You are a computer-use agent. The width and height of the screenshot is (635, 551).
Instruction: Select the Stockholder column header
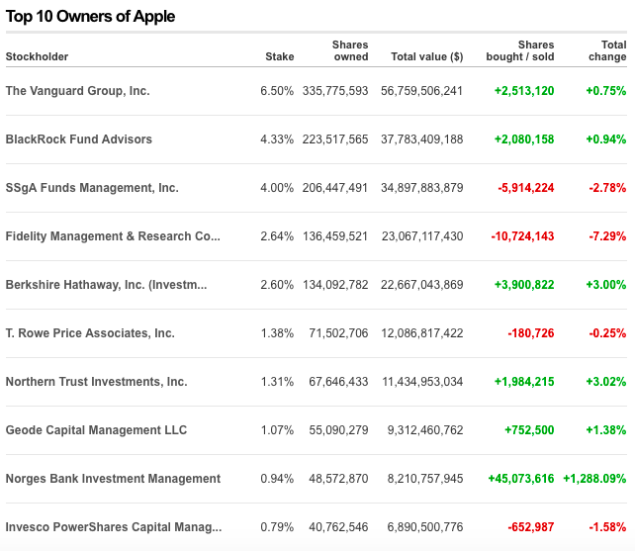[x=37, y=56]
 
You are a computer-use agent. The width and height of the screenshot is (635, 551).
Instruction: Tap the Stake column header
[x=279, y=56]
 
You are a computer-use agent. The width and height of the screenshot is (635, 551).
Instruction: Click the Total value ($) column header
[x=426, y=56]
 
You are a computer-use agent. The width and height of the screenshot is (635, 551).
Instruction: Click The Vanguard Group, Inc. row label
[x=77, y=91]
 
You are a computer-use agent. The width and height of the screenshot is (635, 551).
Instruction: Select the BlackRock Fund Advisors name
[x=79, y=139]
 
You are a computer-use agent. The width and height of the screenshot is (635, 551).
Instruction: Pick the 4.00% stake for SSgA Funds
[x=277, y=188]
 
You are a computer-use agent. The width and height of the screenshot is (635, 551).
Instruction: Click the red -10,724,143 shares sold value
[x=522, y=236]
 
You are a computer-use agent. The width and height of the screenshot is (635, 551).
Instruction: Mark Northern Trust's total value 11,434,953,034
[x=421, y=382]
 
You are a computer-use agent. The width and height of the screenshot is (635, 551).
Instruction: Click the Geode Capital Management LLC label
[x=96, y=430]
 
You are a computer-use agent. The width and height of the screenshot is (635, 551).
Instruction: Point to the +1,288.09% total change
[x=594, y=479]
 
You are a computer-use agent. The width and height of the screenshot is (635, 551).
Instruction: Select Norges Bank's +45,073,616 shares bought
[x=520, y=479]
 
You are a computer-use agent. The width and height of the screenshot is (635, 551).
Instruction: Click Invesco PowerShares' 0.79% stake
[x=277, y=527]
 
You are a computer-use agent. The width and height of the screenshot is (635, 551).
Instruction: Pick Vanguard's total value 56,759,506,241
[x=421, y=91]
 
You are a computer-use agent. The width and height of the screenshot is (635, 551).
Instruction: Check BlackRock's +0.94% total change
[x=605, y=139]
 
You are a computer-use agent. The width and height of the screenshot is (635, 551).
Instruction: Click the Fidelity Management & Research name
[x=113, y=236]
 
